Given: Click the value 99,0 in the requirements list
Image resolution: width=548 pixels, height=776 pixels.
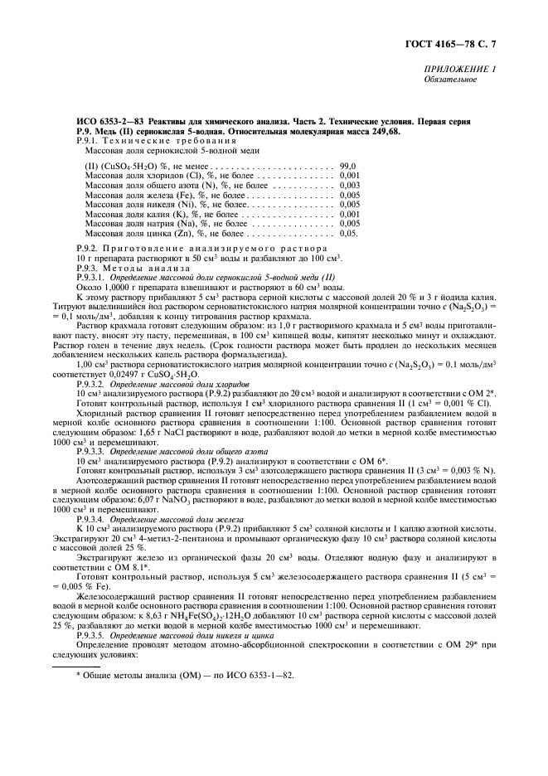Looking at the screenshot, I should coord(348,166).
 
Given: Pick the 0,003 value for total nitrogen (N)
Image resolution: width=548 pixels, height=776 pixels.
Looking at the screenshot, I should coord(350,185).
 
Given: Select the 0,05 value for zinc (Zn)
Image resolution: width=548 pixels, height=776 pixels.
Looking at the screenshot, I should coord(348,235).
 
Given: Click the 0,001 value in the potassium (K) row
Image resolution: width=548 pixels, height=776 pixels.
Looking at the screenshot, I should coord(350,215).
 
